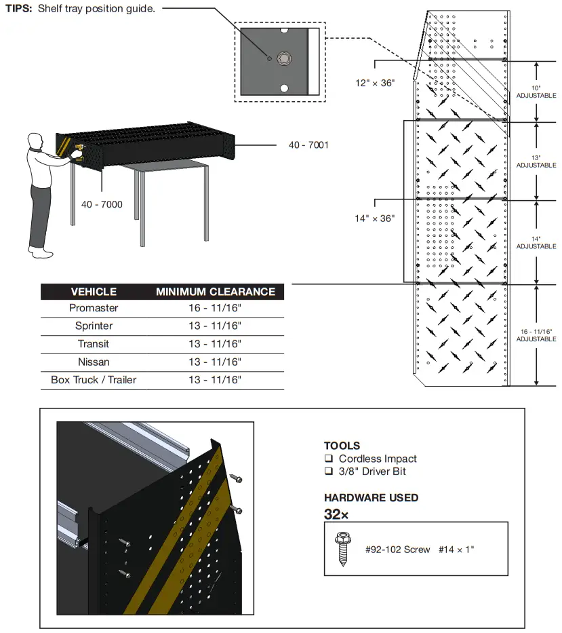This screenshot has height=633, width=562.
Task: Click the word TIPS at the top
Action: coord(18,9)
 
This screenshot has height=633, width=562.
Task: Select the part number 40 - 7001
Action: coord(308,145)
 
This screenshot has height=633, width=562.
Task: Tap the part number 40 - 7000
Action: coord(102,204)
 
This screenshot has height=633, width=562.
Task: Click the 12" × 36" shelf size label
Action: coord(375,83)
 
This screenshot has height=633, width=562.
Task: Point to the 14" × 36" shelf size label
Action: coord(374,218)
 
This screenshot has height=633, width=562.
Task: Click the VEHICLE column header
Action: coord(94,292)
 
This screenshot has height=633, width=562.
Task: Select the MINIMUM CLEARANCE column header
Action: coord(216,292)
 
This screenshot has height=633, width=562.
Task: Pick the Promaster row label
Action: coord(94,308)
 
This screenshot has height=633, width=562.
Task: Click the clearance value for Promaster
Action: coord(215,308)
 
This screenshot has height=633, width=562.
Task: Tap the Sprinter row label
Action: coord(94,326)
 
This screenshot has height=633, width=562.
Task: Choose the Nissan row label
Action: coord(94,362)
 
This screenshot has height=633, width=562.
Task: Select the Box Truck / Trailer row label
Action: coord(94,380)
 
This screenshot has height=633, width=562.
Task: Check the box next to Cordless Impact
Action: coord(329,459)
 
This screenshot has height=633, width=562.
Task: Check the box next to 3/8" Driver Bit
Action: coord(329,471)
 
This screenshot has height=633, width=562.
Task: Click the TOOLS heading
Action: coord(342,446)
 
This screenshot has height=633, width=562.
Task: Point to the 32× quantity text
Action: coord(336,514)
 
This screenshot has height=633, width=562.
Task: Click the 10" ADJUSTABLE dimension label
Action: coord(536,92)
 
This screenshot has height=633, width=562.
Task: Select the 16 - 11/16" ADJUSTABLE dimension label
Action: coord(536,334)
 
